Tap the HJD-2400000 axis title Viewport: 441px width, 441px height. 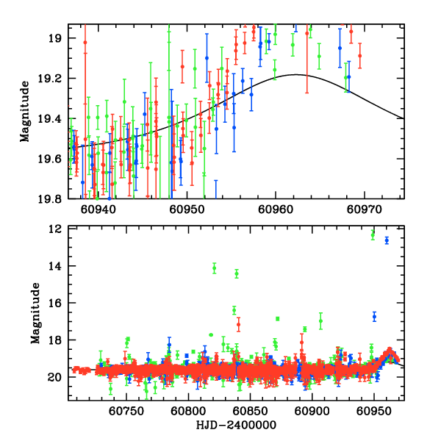236,426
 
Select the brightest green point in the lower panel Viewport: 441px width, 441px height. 373,233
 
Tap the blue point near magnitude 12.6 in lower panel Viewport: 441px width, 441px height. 387,240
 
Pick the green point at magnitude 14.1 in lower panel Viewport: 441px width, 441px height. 214,268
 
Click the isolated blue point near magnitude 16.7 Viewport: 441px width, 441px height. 374,317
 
